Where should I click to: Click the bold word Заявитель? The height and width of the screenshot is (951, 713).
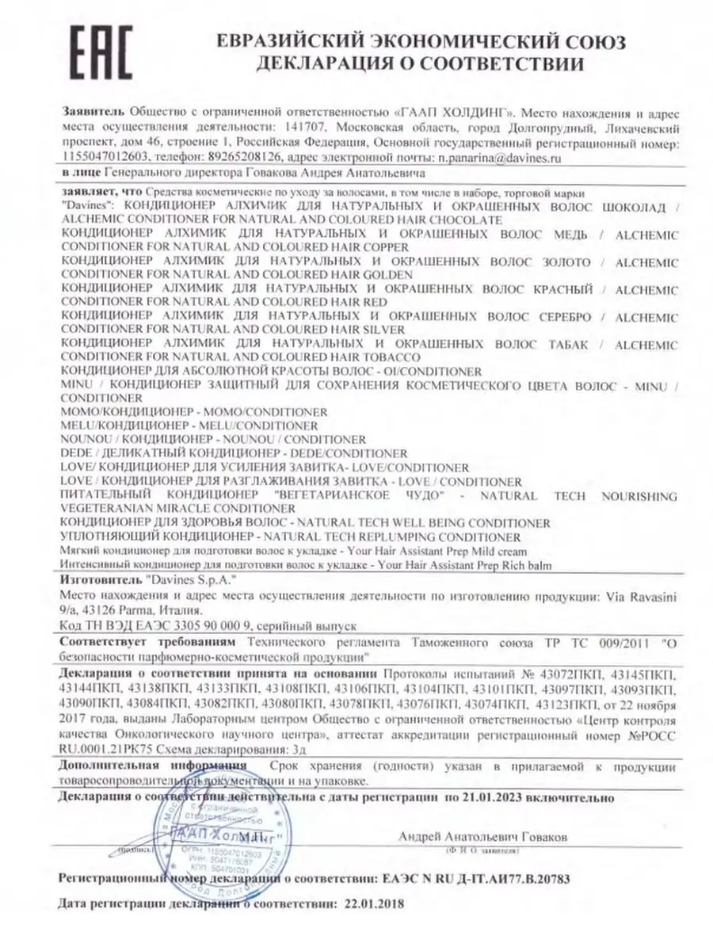(x=92, y=114)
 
